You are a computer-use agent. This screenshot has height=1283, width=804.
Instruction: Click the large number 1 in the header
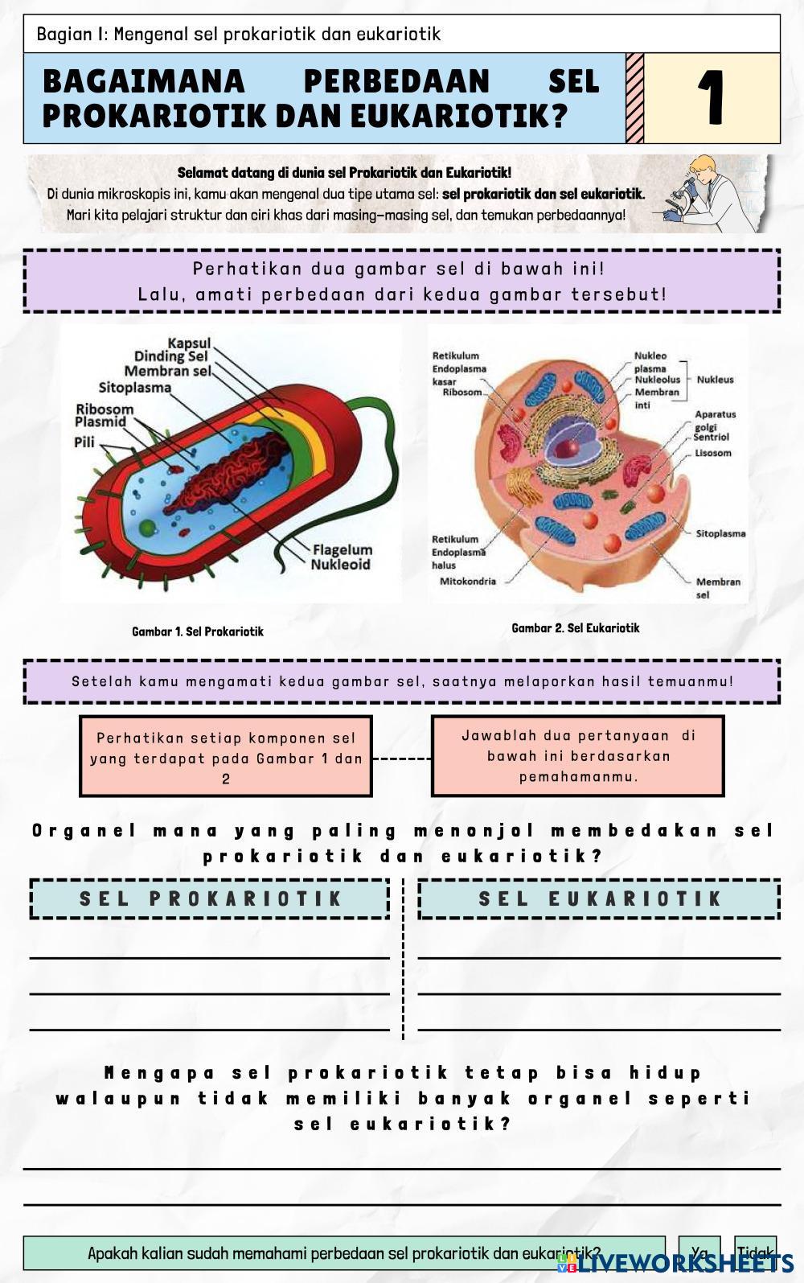click(x=712, y=98)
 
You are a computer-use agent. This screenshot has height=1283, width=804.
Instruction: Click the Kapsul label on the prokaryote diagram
click(x=189, y=343)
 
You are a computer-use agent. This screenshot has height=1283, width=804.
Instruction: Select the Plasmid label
click(x=100, y=421)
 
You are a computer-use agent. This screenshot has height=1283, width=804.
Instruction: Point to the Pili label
click(x=84, y=442)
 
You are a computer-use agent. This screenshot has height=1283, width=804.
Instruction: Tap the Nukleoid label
click(x=340, y=565)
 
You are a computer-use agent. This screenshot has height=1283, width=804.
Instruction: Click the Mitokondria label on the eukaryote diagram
click(x=468, y=581)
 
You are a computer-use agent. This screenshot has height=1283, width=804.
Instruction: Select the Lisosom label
click(x=713, y=453)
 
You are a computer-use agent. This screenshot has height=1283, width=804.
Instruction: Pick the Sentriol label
click(x=711, y=438)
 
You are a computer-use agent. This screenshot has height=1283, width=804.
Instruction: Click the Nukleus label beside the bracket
click(x=715, y=380)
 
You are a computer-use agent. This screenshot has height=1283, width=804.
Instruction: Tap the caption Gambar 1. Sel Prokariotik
click(x=198, y=631)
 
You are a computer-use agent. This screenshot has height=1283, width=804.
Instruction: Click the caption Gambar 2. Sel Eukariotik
click(x=576, y=628)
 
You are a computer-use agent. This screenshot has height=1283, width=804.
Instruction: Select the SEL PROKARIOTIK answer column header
click(x=210, y=899)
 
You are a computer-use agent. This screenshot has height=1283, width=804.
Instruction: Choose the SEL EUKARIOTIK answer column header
click(x=600, y=899)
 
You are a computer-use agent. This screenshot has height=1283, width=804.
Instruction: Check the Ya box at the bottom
click(x=699, y=1252)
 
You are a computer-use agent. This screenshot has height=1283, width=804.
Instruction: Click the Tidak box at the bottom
click(x=755, y=1252)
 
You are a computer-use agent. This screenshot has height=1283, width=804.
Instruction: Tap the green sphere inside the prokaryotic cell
click(x=147, y=527)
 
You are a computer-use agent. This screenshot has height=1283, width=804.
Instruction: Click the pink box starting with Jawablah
click(x=577, y=756)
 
